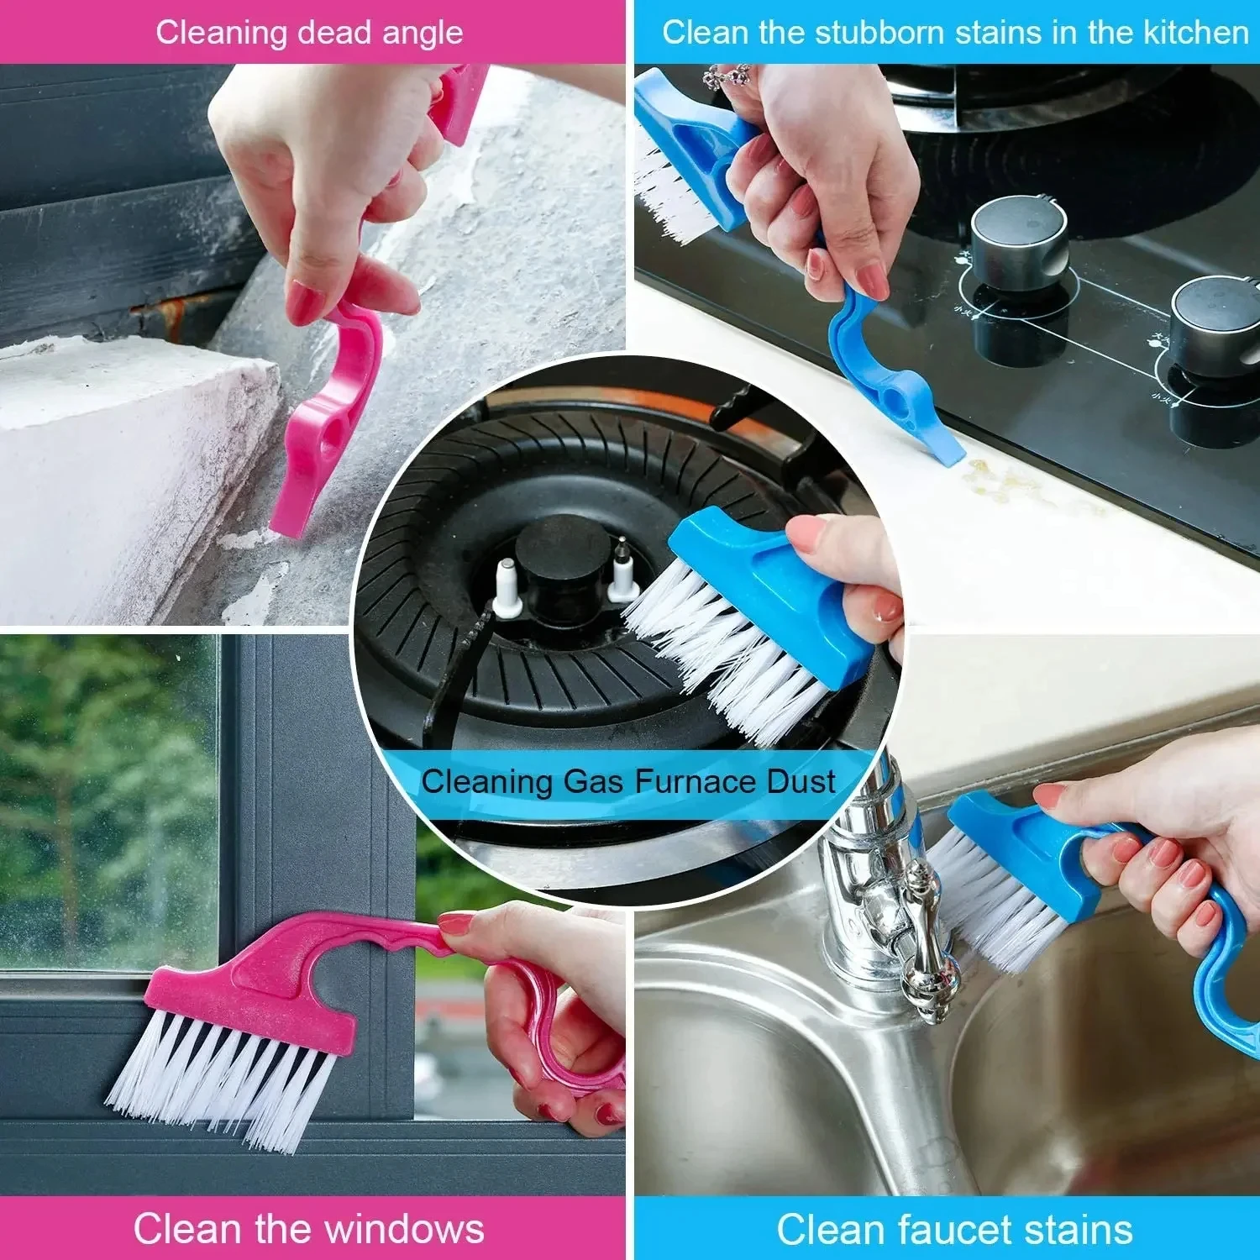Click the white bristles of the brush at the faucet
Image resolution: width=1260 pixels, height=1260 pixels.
[995, 899]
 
